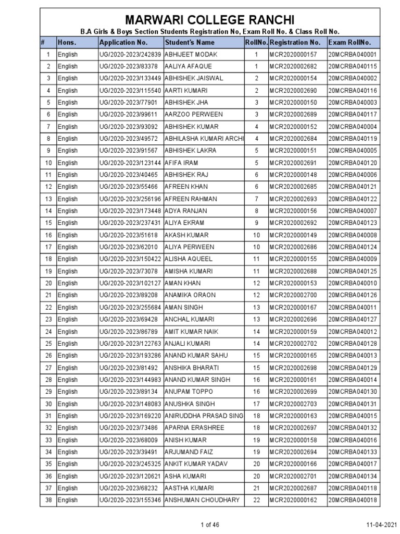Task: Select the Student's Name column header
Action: click(189, 42)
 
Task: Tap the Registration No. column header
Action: click(295, 42)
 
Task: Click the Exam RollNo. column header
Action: click(349, 42)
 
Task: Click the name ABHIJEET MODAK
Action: click(191, 54)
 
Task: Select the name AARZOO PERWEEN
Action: click(193, 114)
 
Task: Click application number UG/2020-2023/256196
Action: click(130, 199)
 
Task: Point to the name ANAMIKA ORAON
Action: click(190, 295)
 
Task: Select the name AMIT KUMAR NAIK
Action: click(191, 332)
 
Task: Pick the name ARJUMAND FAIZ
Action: click(189, 452)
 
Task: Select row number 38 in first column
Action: click(48, 500)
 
